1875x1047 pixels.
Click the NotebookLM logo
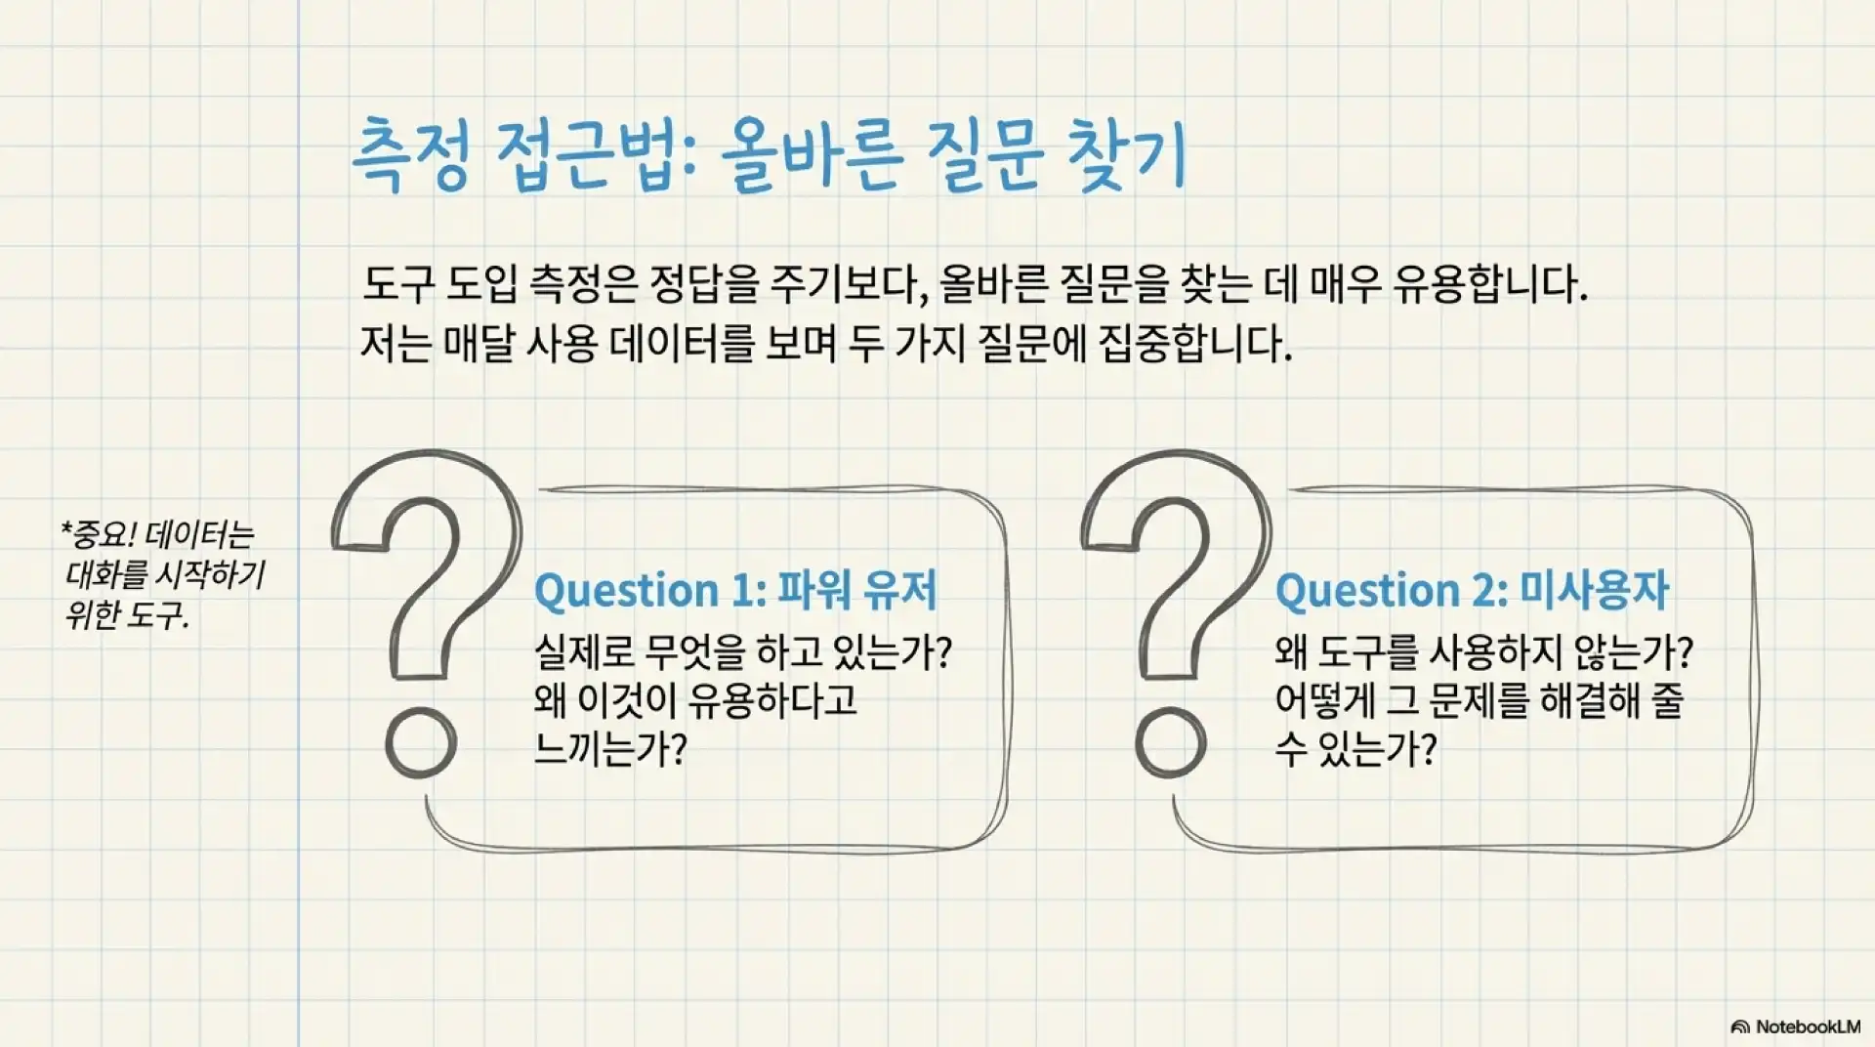[1795, 1026]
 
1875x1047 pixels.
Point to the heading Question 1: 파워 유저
[735, 591]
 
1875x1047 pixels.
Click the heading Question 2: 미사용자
[1472, 591]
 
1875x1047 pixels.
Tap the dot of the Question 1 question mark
[421, 743]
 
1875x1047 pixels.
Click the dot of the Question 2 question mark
[1171, 743]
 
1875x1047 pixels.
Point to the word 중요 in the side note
[103, 535]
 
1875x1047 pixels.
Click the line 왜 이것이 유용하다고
[695, 700]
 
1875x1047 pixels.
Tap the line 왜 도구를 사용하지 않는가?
[1482, 651]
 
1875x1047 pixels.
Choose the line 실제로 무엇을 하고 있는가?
[742, 651]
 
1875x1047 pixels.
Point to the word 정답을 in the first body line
[704, 284]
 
